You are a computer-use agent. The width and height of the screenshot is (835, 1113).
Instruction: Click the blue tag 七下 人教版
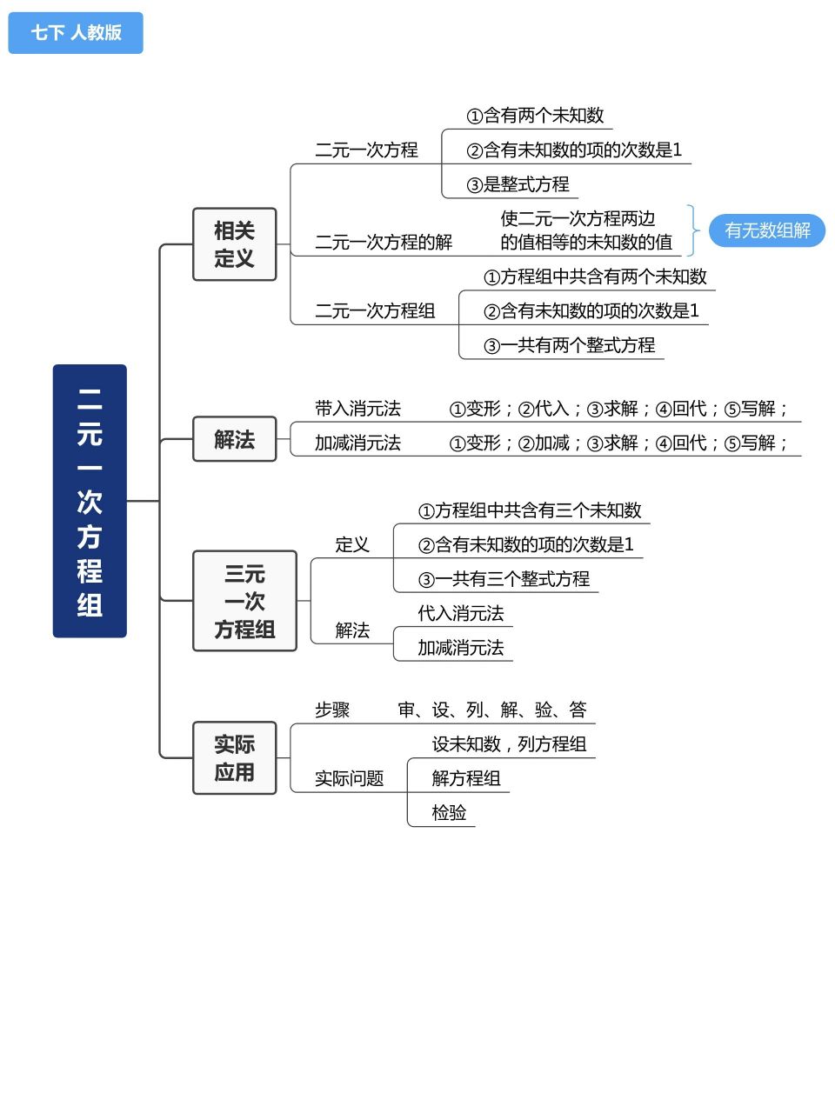point(76,33)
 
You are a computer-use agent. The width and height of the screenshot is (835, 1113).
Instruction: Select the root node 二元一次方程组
point(90,501)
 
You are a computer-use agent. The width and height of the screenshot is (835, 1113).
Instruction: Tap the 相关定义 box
point(234,244)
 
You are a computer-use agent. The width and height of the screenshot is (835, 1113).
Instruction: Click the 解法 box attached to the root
point(234,439)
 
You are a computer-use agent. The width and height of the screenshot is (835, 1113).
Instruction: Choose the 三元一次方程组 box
point(244,601)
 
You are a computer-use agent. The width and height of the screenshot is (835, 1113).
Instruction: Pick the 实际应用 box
point(234,757)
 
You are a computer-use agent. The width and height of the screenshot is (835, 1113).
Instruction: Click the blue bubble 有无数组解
point(767,230)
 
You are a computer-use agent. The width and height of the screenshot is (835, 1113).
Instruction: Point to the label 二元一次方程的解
point(384,242)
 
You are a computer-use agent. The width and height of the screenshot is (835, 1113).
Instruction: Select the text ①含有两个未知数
point(535,116)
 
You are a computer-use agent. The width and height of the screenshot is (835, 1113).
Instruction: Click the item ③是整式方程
point(518,184)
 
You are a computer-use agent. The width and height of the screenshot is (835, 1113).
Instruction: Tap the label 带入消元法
point(357,409)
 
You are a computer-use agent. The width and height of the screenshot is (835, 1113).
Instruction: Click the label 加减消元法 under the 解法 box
point(357,443)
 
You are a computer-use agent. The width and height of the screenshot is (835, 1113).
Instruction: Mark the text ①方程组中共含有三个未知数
point(530,510)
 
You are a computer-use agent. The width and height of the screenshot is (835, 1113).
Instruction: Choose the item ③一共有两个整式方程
point(569,345)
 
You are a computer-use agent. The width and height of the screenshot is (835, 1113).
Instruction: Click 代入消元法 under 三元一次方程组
point(460,613)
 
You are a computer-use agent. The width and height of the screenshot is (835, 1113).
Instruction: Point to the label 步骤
point(332,710)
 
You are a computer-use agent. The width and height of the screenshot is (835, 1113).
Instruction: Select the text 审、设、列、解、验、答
point(492,710)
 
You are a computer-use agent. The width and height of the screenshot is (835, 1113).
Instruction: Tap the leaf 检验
point(449,812)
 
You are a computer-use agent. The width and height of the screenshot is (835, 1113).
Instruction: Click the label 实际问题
point(349,778)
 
